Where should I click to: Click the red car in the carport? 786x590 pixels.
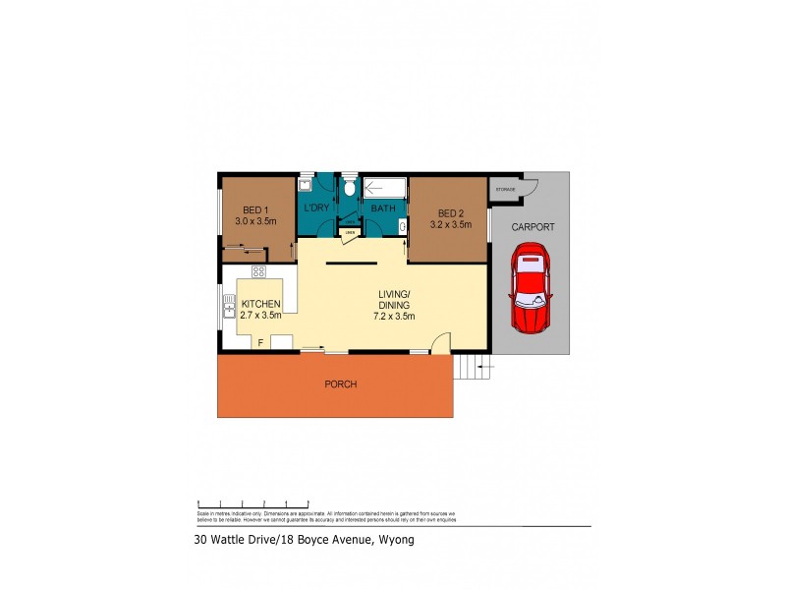coord(530,292)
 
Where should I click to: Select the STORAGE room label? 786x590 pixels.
coord(505,189)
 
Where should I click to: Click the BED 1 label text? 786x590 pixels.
coord(255,209)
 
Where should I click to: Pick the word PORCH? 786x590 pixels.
coord(341,383)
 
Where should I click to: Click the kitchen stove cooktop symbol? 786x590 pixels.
coord(259,271)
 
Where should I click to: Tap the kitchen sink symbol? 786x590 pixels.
coord(227,315)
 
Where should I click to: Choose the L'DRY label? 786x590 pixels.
coord(316,208)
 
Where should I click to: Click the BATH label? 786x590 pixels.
coord(382,208)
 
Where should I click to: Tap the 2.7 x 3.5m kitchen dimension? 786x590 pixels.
coord(261,316)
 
